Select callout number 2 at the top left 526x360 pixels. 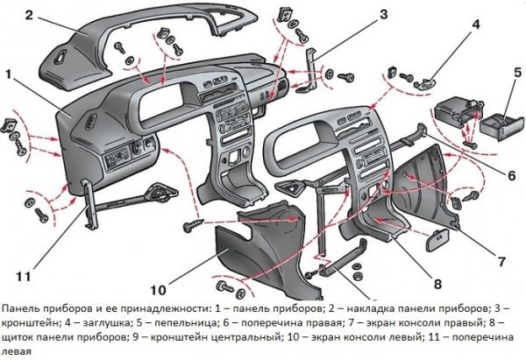[x=30, y=14]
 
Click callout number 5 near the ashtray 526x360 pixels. [x=516, y=70]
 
